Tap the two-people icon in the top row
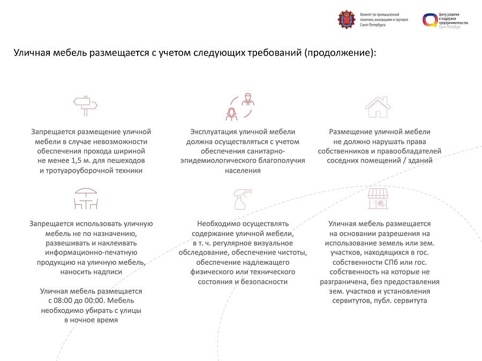(239, 106)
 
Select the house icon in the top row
(377, 106)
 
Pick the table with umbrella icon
(86, 198)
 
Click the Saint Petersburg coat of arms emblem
(347, 20)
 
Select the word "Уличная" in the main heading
(32, 53)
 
